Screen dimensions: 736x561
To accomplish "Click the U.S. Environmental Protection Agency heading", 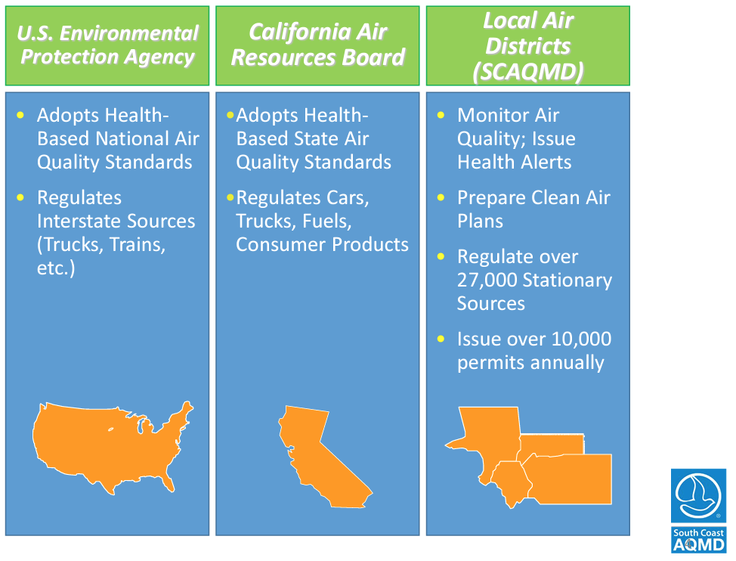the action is [x=107, y=45].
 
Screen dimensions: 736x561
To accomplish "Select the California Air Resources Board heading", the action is [x=318, y=45].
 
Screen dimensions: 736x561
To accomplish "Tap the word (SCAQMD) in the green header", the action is [x=528, y=72].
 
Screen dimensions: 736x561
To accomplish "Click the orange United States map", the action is [x=113, y=446].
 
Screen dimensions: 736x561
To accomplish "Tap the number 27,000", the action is [x=487, y=280].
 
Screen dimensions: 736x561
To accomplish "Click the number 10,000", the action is [x=581, y=339].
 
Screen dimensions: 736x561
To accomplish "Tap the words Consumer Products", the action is [x=322, y=244].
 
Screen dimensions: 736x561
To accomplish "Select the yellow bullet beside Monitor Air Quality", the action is [x=441, y=115].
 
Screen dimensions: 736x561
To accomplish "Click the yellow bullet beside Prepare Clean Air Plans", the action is [x=441, y=197].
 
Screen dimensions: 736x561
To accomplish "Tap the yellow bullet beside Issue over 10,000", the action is [x=441, y=339].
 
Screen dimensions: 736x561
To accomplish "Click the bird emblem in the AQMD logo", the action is [x=698, y=495].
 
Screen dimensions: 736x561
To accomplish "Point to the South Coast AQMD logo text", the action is [x=698, y=540].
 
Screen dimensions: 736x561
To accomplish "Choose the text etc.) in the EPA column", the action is [x=56, y=268].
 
